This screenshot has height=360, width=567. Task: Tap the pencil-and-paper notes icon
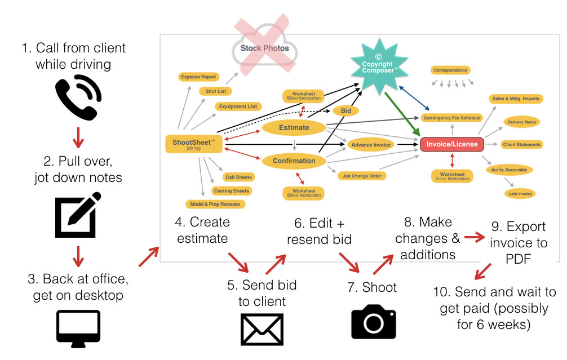(78, 215)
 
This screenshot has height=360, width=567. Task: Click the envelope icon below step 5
(262, 329)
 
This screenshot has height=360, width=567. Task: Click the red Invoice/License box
(451, 144)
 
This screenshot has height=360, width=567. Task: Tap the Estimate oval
(294, 127)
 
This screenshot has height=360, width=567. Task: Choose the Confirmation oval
(294, 161)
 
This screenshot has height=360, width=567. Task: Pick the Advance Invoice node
(370, 145)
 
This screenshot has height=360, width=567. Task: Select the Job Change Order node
(361, 176)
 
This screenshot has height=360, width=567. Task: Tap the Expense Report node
(198, 77)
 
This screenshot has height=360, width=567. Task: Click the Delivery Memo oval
(522, 122)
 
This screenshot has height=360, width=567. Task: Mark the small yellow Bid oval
(346, 111)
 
